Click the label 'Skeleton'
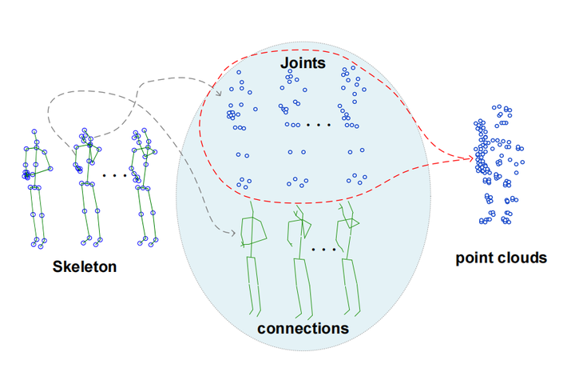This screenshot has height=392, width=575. pyautogui.click(x=85, y=266)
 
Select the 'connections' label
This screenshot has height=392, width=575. pyautogui.click(x=303, y=328)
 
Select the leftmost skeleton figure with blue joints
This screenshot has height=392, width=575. pyautogui.click(x=36, y=188)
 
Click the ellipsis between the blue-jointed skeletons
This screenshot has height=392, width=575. pyautogui.click(x=115, y=174)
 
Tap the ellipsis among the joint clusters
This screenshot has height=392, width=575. pyautogui.click(x=319, y=126)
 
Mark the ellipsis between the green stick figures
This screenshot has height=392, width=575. pyautogui.click(x=323, y=250)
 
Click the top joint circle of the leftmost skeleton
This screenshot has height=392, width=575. pyautogui.click(x=33, y=132)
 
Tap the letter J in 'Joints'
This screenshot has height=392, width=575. pyautogui.click(x=284, y=62)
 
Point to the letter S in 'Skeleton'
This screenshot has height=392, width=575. pyautogui.click(x=57, y=266)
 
